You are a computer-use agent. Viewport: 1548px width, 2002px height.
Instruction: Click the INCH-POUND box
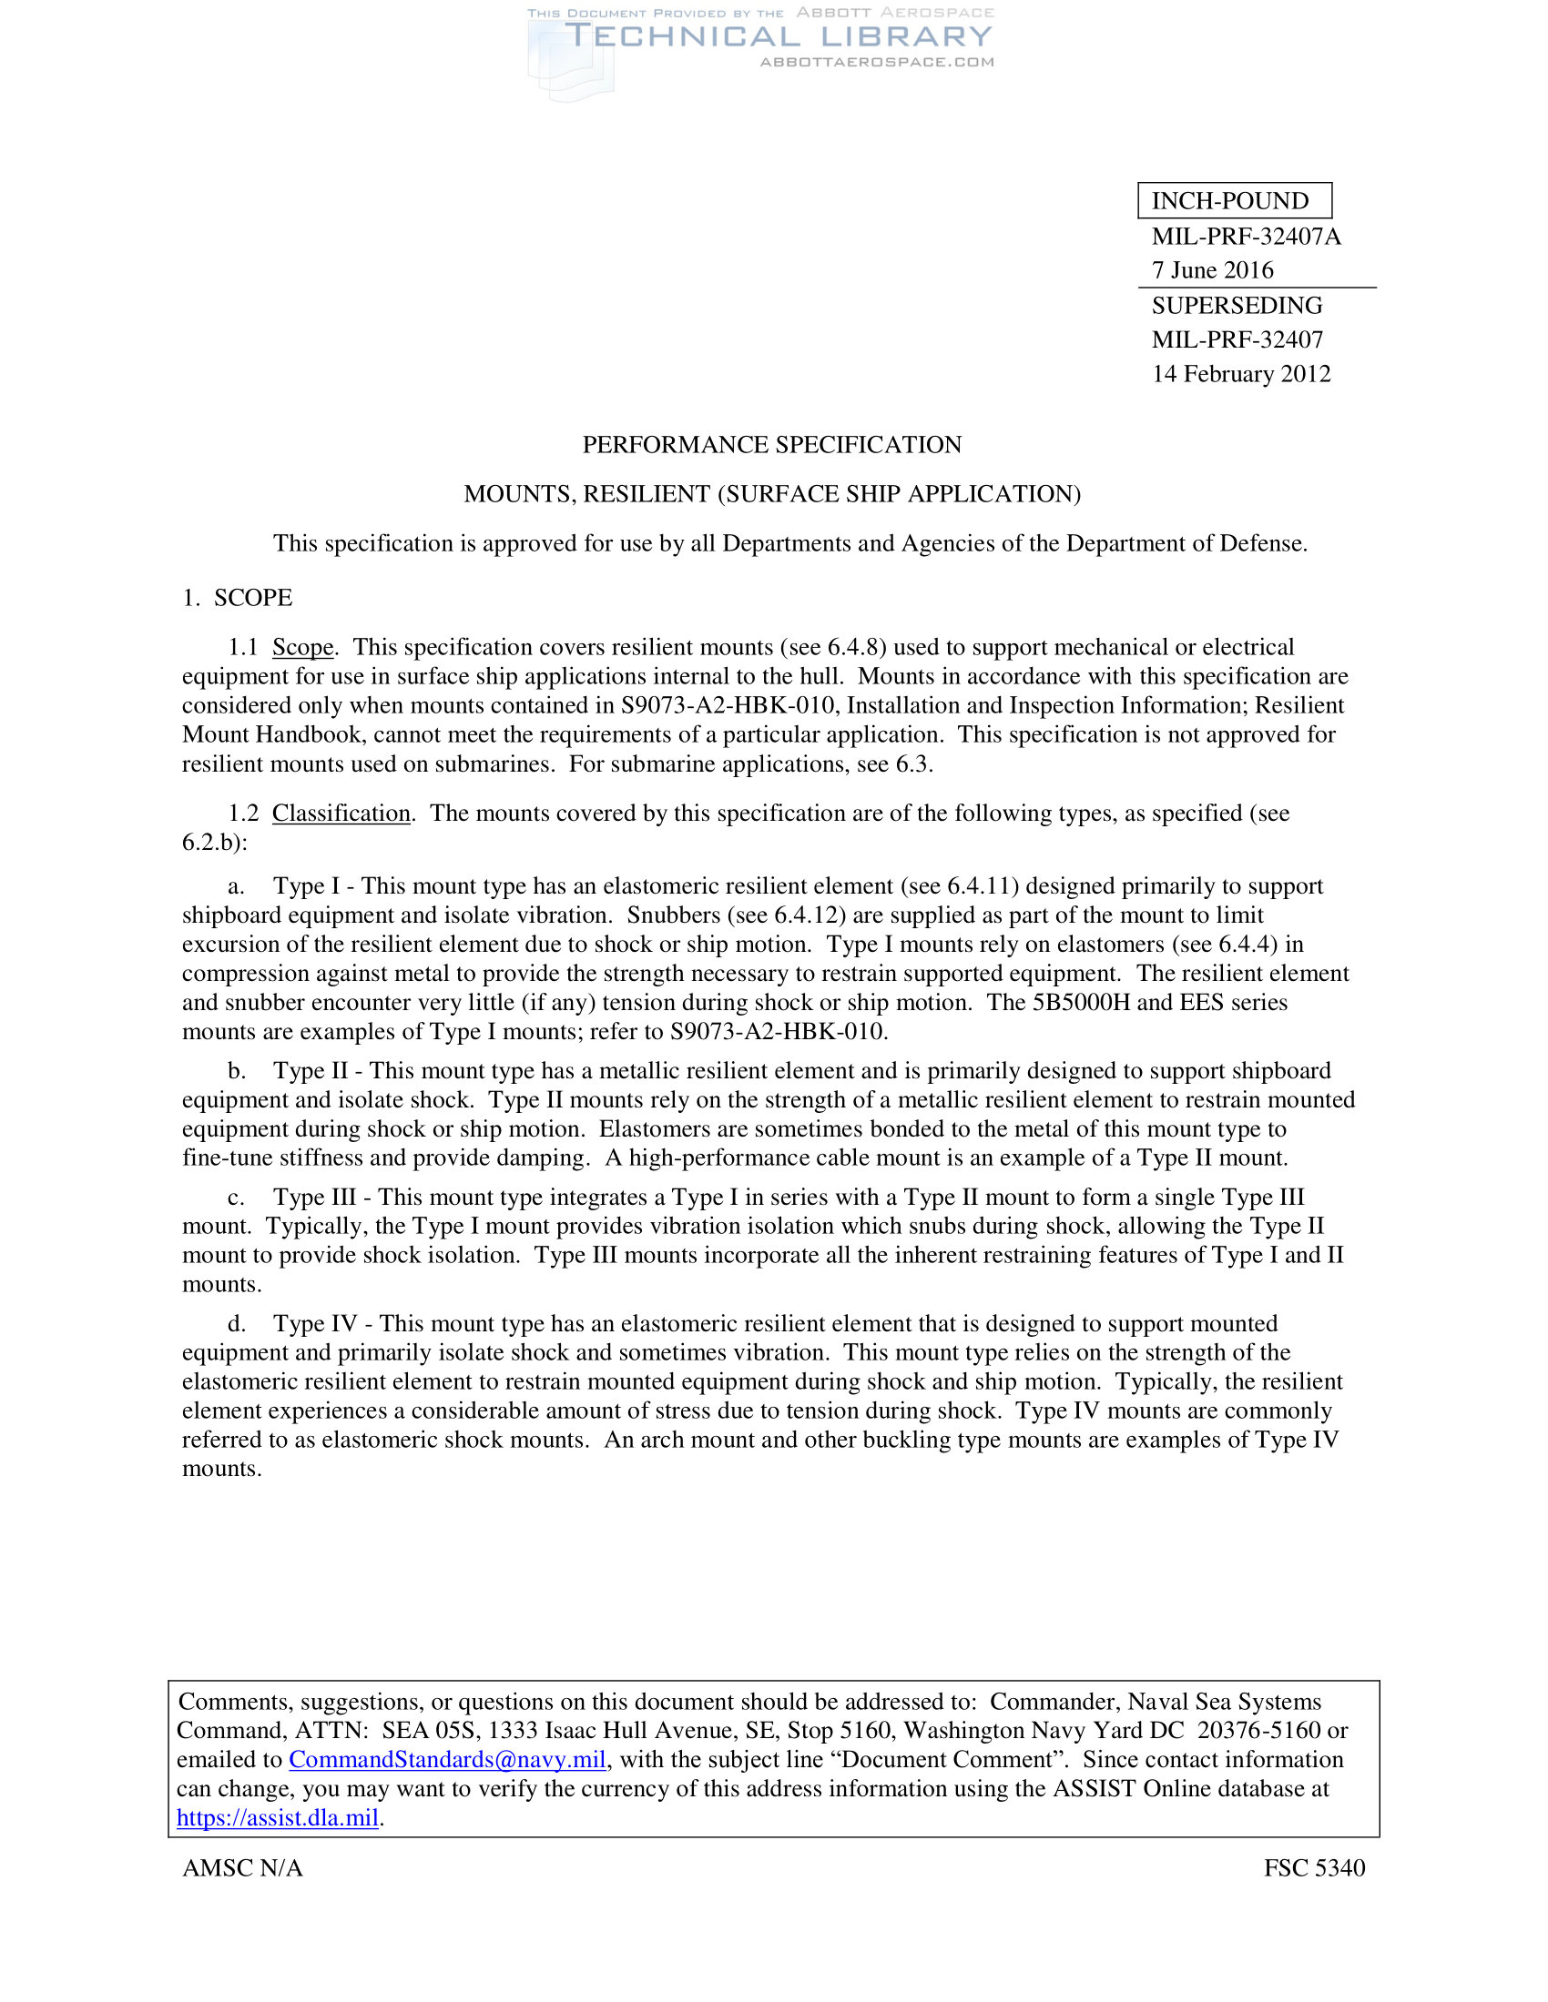coord(1234,201)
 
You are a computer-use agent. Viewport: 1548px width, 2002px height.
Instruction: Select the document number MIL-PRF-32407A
coord(1246,237)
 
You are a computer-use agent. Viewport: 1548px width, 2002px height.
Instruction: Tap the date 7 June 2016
coord(1212,270)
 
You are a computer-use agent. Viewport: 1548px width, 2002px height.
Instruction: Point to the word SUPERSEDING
coord(1237,305)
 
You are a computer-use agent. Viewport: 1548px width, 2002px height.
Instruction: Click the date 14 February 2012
coord(1241,374)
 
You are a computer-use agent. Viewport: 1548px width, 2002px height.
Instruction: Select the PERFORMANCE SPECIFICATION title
coord(772,445)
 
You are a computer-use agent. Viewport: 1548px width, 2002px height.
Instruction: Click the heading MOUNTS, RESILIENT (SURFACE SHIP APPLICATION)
coord(772,494)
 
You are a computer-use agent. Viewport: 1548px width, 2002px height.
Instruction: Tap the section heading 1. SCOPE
coord(238,598)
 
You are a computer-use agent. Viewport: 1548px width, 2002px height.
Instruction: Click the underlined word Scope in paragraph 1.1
coord(302,647)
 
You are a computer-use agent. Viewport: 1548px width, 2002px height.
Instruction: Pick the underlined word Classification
coord(341,813)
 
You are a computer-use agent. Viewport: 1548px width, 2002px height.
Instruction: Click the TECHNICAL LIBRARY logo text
coord(778,36)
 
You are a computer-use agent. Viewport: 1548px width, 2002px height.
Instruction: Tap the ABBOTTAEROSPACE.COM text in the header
coord(877,62)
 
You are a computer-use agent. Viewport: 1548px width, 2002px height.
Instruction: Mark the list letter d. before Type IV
coord(237,1324)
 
